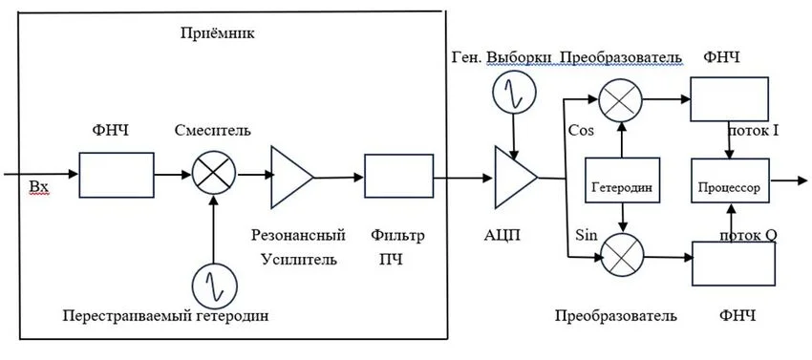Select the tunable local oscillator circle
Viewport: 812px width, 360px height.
click(x=209, y=284)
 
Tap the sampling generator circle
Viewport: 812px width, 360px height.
click(x=513, y=93)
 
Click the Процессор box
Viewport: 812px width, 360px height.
click(x=729, y=188)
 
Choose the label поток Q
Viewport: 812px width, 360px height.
click(x=747, y=234)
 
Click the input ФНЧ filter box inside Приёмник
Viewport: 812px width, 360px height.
click(x=116, y=177)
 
